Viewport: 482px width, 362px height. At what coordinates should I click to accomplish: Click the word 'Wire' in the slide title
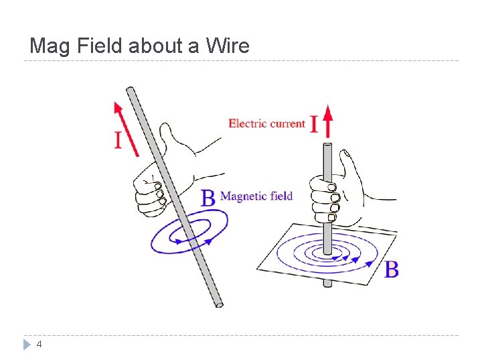pos(228,46)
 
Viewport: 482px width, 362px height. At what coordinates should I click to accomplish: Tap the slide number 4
pos(39,344)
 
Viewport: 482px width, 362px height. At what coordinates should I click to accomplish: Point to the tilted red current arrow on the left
pos(126,128)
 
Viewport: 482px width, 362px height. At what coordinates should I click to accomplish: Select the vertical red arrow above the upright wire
pos(327,121)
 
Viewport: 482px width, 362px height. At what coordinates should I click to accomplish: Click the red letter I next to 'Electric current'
pos(314,124)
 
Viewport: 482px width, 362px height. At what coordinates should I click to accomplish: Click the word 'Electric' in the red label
pos(248,123)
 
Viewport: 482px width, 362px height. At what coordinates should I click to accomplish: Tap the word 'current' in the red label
pos(288,123)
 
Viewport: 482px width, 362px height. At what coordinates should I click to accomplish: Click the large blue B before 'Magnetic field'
pos(209,198)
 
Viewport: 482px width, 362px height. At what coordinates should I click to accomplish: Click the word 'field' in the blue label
pos(281,196)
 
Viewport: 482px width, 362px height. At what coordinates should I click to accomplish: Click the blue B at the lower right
pos(392,269)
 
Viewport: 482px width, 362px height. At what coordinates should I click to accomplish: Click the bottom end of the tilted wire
pos(218,305)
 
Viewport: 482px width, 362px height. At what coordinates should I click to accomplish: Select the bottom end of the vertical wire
pos(327,283)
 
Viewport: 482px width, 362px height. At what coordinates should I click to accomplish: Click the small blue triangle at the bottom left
pos(27,345)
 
